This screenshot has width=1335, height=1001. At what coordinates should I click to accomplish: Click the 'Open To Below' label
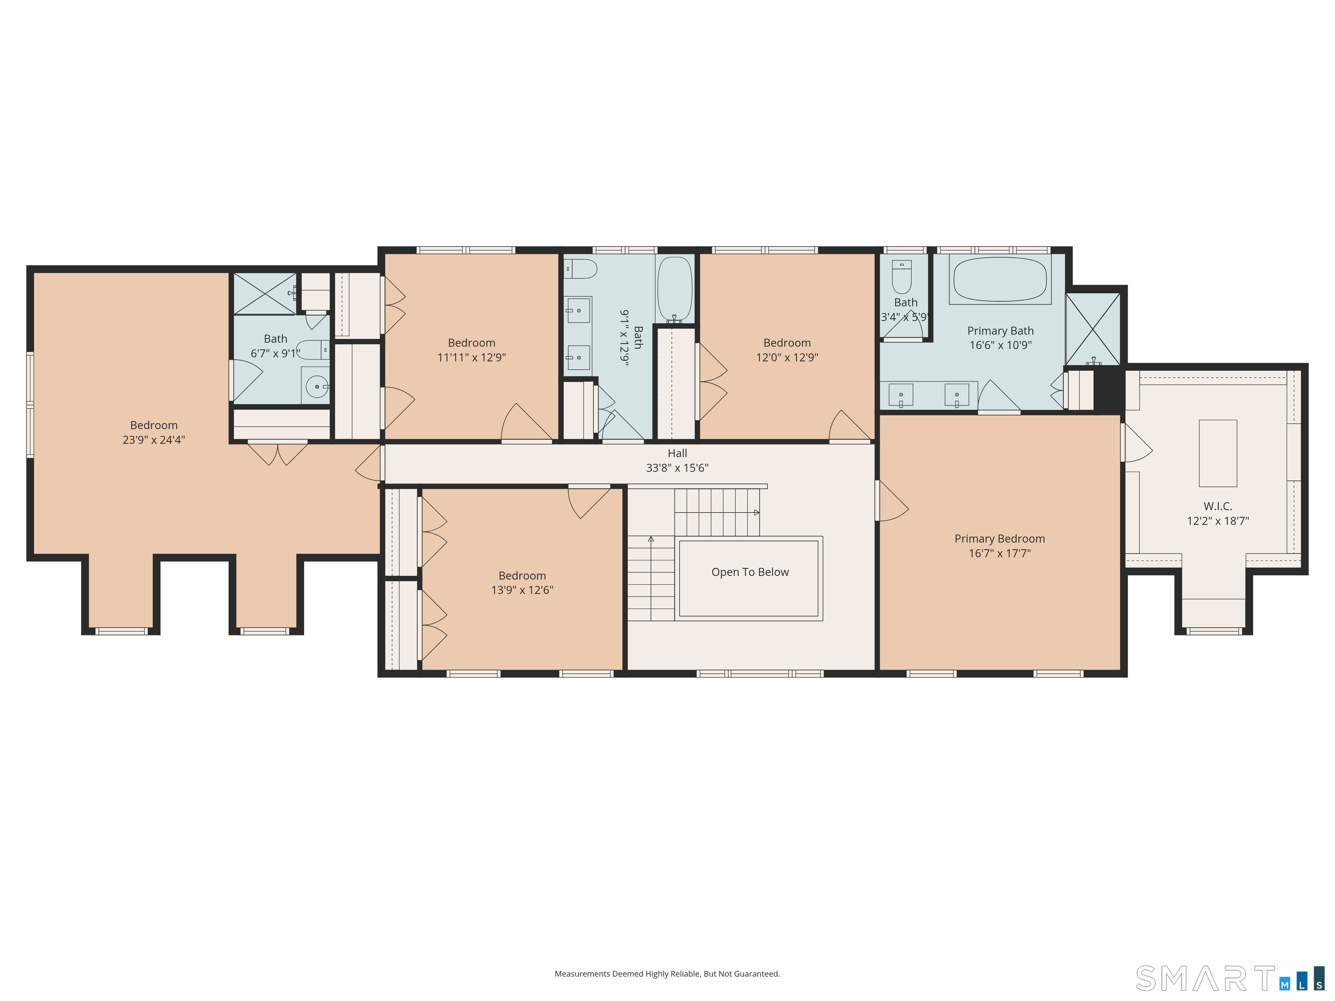pos(750,572)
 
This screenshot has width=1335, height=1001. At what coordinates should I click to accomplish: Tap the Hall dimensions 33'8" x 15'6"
pos(677,467)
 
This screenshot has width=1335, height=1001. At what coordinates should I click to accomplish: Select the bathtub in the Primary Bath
pos(1000,280)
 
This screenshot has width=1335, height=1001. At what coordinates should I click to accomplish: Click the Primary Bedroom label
pos(1000,539)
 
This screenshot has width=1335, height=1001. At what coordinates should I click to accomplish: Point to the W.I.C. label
pos(1217,506)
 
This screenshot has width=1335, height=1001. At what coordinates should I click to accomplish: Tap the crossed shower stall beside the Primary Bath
pos(1093,329)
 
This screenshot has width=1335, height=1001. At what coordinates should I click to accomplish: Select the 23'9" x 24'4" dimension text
pos(154,440)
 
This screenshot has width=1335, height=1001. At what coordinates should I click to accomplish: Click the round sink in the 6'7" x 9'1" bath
pos(317,386)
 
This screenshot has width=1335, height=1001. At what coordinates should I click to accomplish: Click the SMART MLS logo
pos(1229,978)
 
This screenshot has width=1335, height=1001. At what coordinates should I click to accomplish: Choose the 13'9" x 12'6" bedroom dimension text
pos(522,590)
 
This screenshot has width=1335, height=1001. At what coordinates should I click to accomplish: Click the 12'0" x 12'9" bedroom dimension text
pos(787,357)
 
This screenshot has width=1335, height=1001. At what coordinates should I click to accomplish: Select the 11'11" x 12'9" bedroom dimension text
pos(472,357)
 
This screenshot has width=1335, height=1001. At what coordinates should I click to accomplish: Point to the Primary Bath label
pos(1000,331)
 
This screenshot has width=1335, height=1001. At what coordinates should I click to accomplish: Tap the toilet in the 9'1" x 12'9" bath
pos(581,268)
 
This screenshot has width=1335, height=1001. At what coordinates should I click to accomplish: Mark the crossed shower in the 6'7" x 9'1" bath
pos(264,294)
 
